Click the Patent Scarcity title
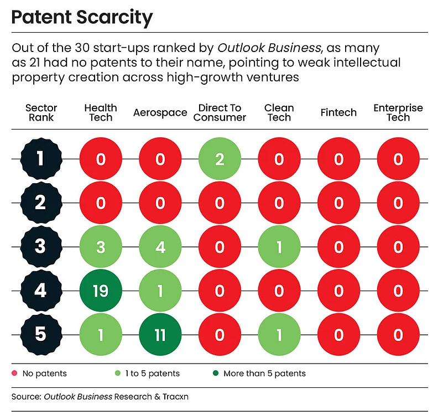click(x=82, y=19)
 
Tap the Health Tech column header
click(x=101, y=112)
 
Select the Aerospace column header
click(x=160, y=113)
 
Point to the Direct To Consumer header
click(x=220, y=112)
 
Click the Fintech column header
click(x=338, y=113)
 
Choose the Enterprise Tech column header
click(x=398, y=112)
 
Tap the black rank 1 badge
click(x=40, y=159)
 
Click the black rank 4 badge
click(x=40, y=291)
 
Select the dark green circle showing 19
click(x=101, y=291)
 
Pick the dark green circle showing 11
click(x=160, y=335)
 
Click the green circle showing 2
click(x=220, y=159)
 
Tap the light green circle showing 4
click(x=160, y=247)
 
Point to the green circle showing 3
click(x=101, y=247)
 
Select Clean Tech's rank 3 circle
click(x=279, y=247)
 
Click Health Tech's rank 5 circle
click(x=101, y=335)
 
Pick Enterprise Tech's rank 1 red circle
click(x=398, y=159)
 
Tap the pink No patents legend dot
click(x=14, y=374)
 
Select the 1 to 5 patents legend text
click(x=152, y=374)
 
